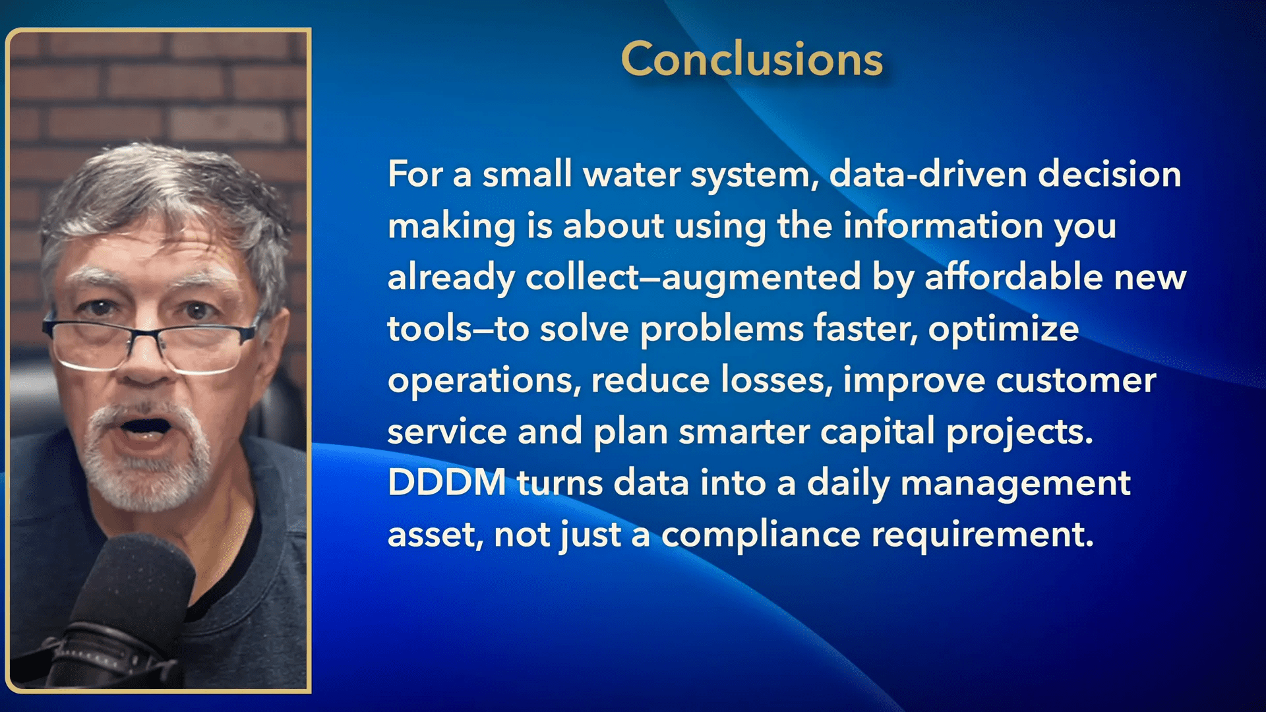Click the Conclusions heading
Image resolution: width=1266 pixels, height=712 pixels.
tap(752, 59)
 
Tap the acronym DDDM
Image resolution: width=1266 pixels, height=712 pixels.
tap(447, 482)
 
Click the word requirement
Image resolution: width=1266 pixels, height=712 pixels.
tap(982, 535)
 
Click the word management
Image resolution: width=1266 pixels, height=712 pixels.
tap(1015, 484)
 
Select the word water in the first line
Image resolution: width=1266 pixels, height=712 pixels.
tap(632, 175)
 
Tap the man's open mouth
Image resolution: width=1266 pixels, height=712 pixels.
tap(145, 427)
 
